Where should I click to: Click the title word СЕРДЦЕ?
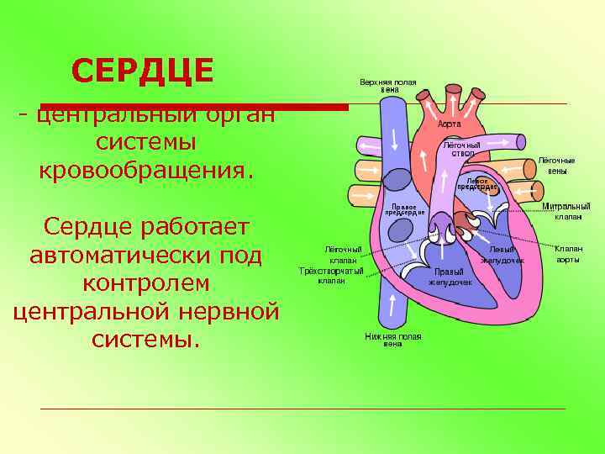(143, 71)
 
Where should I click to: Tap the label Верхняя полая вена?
(388, 86)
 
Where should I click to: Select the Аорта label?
(450, 124)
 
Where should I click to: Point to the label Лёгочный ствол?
(462, 149)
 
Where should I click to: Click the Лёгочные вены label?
(556, 166)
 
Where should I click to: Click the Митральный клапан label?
(566, 211)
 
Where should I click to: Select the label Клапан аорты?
(568, 253)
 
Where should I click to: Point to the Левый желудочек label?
(502, 255)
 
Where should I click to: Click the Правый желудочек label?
(450, 277)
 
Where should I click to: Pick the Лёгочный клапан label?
(344, 255)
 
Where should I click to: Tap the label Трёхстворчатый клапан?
(332, 275)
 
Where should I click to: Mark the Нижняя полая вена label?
(392, 340)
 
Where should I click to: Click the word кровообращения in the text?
(146, 170)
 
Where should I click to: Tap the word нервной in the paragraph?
(230, 312)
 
